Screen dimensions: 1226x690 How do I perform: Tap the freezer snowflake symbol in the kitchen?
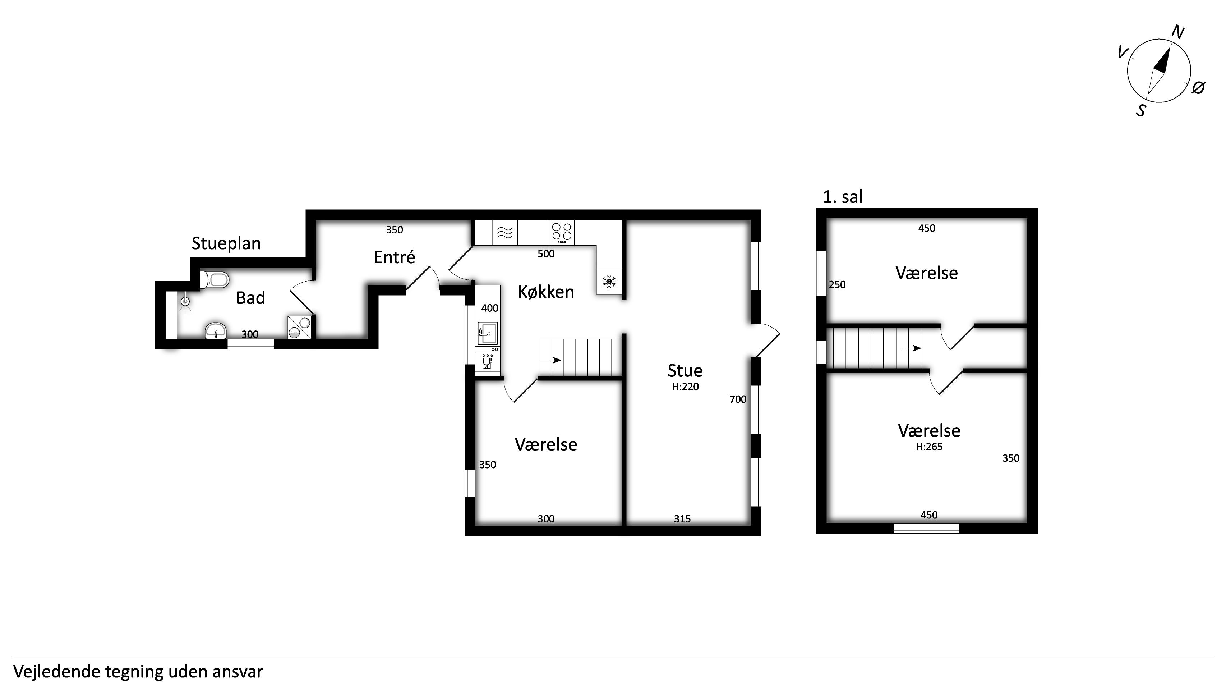click(x=609, y=282)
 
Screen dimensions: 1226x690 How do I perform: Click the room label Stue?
click(x=685, y=370)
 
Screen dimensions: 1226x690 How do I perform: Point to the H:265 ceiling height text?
click(x=929, y=447)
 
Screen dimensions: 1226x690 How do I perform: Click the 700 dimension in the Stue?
click(x=738, y=399)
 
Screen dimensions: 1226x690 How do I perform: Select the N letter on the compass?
click(x=1178, y=32)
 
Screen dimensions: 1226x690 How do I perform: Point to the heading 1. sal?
click(x=842, y=197)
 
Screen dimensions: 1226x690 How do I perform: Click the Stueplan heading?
click(x=226, y=244)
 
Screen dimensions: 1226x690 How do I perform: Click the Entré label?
click(x=394, y=257)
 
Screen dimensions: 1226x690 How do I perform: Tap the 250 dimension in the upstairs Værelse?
click(x=837, y=285)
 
